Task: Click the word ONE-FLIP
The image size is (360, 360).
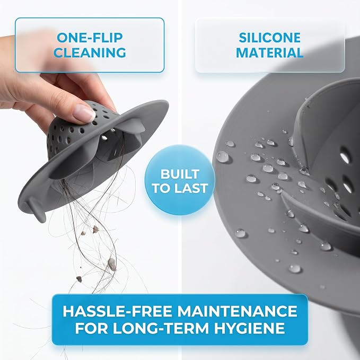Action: click(x=90, y=38)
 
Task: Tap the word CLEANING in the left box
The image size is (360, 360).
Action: click(x=90, y=52)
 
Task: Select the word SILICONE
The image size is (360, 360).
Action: click(x=269, y=38)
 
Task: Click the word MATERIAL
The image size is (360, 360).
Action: click(x=269, y=52)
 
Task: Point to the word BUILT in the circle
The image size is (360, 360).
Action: click(x=180, y=174)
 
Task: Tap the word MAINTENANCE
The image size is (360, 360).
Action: click(x=237, y=311)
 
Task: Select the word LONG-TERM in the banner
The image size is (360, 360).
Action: click(x=161, y=328)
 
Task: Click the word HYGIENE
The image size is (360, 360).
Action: click(x=250, y=328)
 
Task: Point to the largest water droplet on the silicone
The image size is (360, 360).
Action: click(x=222, y=157)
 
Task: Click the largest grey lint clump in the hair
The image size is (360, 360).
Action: click(x=112, y=264)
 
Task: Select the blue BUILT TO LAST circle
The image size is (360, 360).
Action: click(x=180, y=180)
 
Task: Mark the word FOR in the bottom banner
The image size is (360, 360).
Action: click(x=91, y=328)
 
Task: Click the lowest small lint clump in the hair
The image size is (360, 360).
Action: click(x=79, y=279)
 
